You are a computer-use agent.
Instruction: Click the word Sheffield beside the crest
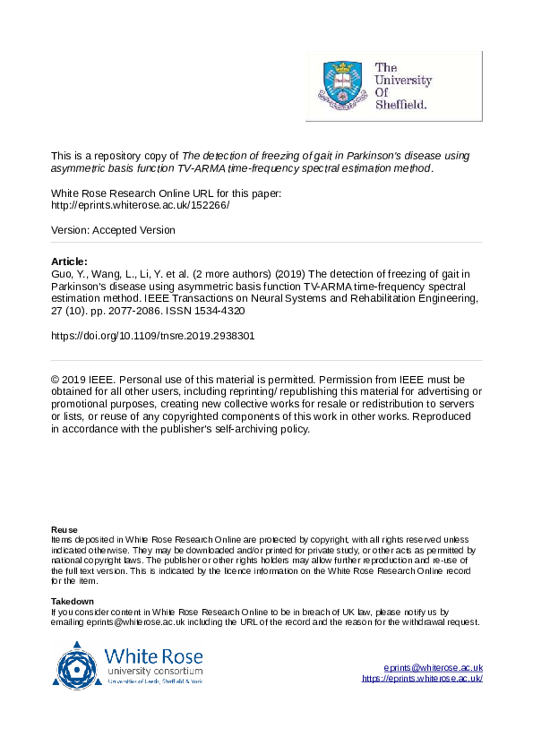[x=400, y=104]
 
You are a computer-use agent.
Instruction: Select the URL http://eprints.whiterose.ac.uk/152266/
[x=141, y=205]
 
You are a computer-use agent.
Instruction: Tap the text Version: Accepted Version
[x=113, y=230]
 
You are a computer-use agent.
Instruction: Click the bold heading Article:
[x=70, y=261]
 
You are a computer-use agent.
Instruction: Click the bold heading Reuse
[x=64, y=530]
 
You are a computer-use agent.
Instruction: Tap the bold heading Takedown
[x=73, y=601]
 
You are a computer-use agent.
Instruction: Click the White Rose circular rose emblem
[x=79, y=665]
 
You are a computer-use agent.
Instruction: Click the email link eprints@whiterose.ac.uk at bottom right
[x=433, y=668]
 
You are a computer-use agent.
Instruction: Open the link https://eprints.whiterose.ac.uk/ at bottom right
[x=422, y=679]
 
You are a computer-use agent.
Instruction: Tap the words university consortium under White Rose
[x=154, y=671]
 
